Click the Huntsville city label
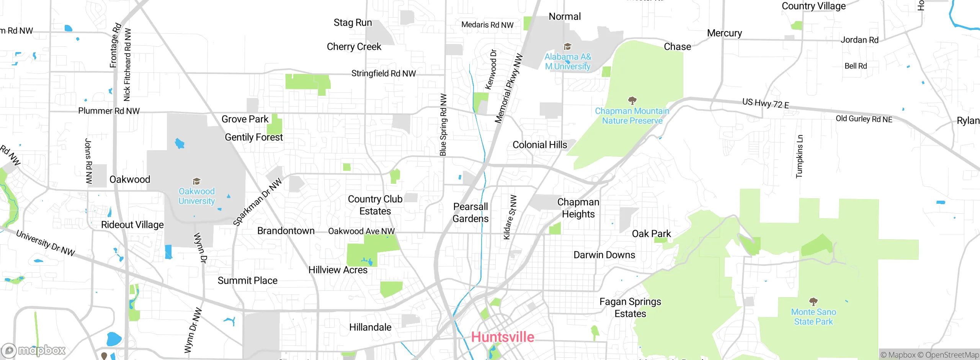[x=502, y=337]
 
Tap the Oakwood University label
[x=197, y=196]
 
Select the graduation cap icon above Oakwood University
[x=196, y=181]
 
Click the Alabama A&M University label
[x=568, y=62]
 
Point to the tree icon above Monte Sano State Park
[x=813, y=301]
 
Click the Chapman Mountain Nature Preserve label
[x=632, y=116]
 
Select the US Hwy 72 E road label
[x=765, y=103]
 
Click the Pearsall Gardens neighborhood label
[x=470, y=213]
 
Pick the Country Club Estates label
[x=375, y=205]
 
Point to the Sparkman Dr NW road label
[x=257, y=202]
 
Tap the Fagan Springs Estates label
[x=630, y=308]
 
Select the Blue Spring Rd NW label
[x=443, y=125]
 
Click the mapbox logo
[x=34, y=350]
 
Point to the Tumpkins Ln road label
[x=799, y=156]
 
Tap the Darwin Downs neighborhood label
[x=604, y=255]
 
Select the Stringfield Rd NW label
[x=383, y=74]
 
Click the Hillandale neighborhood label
[x=370, y=327]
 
